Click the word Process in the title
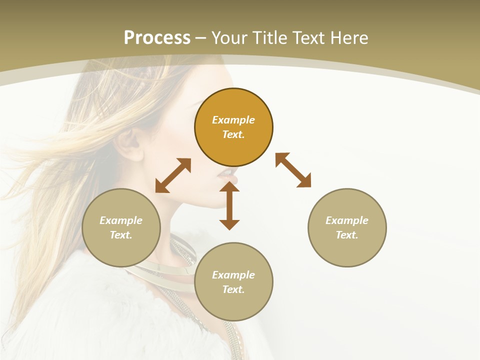[157, 38]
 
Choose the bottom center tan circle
[233, 305]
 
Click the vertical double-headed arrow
[229, 206]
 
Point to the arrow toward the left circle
[173, 175]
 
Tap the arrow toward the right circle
[293, 170]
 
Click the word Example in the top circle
[233, 120]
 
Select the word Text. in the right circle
[347, 235]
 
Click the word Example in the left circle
[121, 220]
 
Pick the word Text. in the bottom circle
[233, 289]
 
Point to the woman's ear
[129, 143]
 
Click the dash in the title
[201, 38]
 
